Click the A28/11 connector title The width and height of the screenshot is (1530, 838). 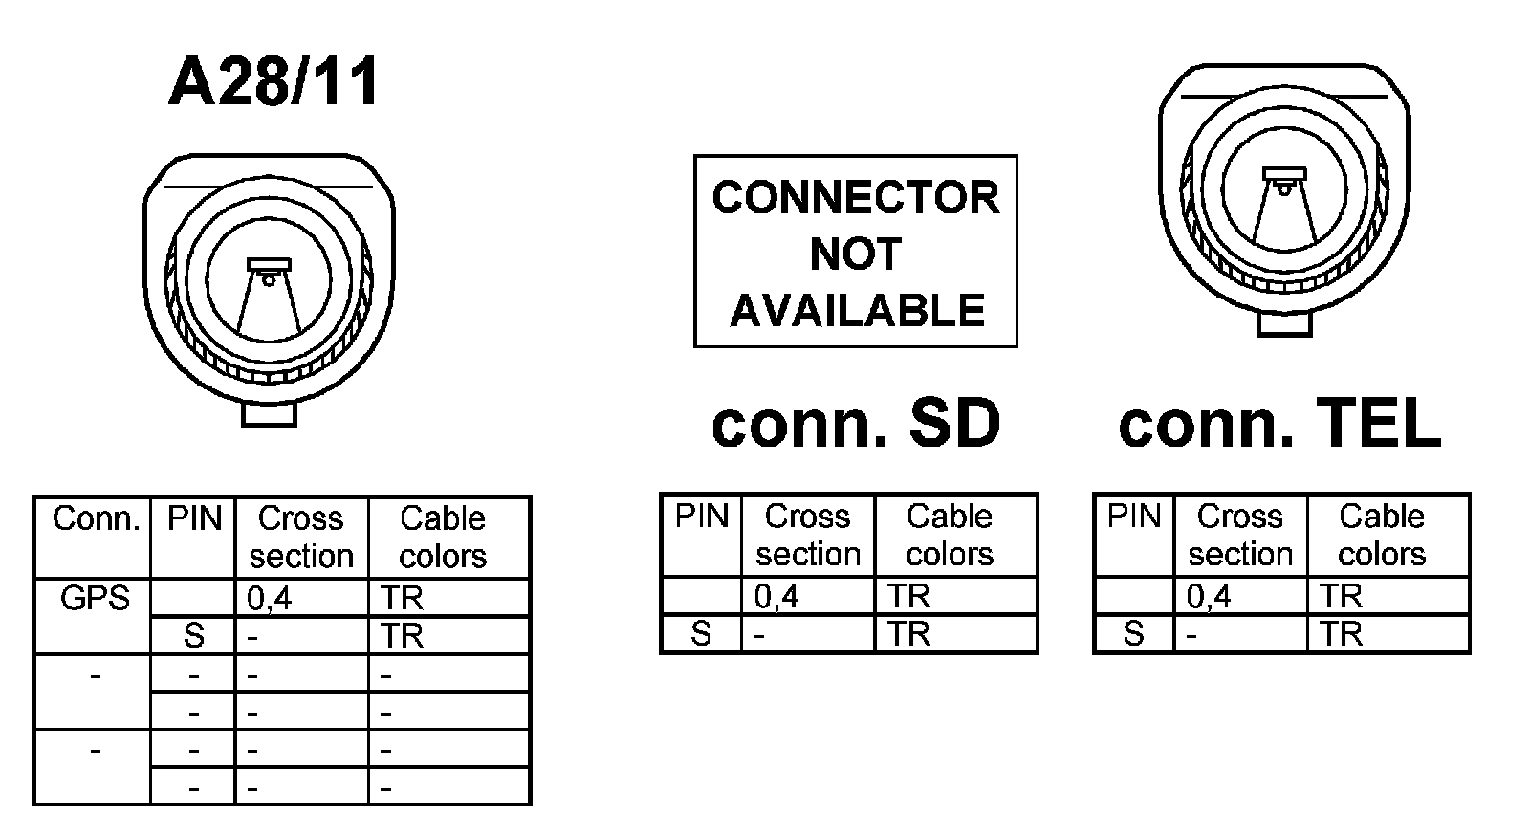tap(273, 82)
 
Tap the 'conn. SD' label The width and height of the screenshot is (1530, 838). tap(855, 424)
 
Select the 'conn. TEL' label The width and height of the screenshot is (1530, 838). tap(1279, 424)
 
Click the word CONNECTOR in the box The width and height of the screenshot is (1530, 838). tap(855, 198)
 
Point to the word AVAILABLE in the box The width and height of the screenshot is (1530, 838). tap(857, 311)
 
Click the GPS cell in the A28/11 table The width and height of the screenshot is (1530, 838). tap(94, 599)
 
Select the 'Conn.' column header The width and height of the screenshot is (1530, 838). tap(95, 519)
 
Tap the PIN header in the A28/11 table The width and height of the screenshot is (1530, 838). tap(194, 519)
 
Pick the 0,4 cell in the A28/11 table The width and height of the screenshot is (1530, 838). tap(269, 599)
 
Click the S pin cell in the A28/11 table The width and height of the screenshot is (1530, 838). tap(193, 636)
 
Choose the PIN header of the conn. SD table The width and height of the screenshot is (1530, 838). tap(702, 518)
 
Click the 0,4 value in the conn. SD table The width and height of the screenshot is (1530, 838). tap(776, 597)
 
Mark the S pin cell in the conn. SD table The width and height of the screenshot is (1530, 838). tap(701, 634)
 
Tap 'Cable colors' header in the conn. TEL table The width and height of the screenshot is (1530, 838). tap(1382, 535)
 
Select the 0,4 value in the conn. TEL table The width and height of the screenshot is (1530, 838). tap(1209, 597)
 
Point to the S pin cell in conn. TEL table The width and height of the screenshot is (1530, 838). tap(1133, 634)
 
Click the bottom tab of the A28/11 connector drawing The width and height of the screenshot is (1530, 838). tap(270, 413)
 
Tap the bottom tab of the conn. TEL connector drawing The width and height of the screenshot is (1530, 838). tap(1284, 324)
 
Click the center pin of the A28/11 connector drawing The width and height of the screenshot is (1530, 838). tap(269, 278)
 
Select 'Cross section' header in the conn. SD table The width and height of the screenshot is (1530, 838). tap(808, 535)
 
